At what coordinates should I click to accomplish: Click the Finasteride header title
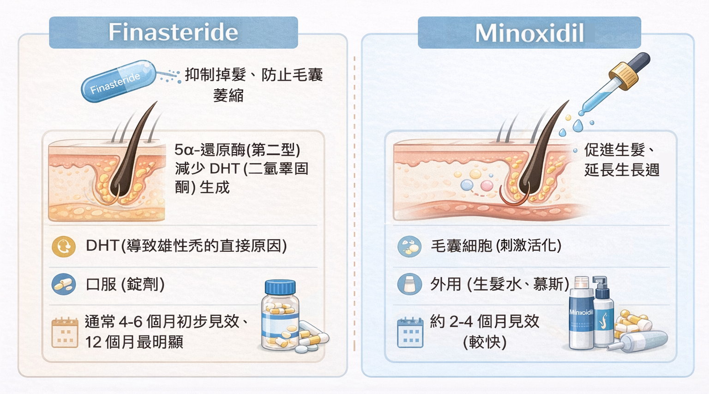pos(173,32)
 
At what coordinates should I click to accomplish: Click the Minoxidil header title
pos(529,33)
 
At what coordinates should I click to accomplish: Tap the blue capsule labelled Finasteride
pos(118,81)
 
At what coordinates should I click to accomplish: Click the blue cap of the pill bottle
pos(280,287)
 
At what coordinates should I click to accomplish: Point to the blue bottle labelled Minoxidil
pos(581,319)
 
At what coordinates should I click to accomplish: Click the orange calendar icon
pos(65,332)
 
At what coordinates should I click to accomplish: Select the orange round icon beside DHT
pos(64,246)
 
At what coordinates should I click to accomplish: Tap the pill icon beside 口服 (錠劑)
pos(64,285)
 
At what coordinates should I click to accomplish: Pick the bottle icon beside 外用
pos(409,284)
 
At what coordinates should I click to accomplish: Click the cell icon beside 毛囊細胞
pos(409,246)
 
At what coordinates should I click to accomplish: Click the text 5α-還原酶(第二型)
pos(237,150)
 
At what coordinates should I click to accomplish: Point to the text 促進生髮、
pos(619,150)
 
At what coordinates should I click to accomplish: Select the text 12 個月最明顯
pos(134,342)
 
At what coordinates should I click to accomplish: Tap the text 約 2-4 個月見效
pos(484,321)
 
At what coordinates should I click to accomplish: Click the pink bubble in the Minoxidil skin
pos(487,186)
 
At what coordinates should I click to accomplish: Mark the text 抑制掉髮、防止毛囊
pos(253,75)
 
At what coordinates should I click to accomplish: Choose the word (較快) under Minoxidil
pos(484,342)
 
